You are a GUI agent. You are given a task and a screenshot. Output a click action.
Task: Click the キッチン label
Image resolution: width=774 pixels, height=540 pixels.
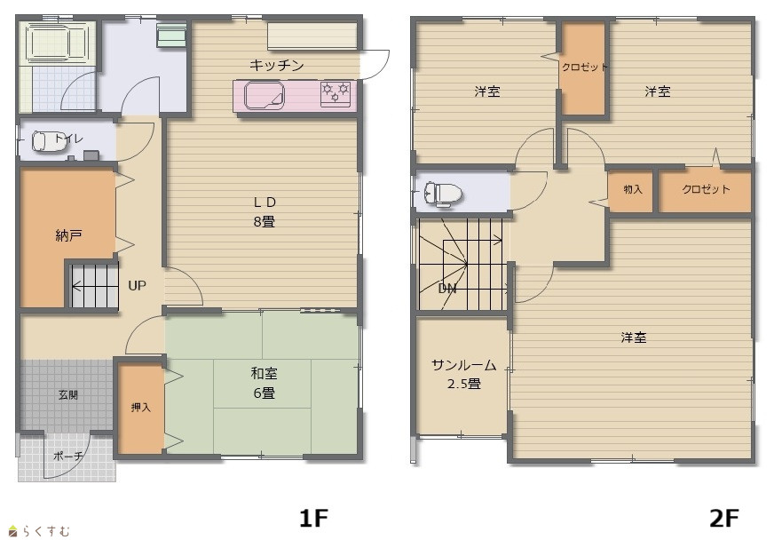276,65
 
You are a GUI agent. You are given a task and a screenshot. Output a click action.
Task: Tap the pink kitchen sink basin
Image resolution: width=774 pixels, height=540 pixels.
265,95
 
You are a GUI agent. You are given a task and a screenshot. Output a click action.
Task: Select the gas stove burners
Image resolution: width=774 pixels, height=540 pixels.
336,94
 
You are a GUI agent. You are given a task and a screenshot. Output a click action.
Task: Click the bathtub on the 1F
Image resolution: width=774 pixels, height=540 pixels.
55,43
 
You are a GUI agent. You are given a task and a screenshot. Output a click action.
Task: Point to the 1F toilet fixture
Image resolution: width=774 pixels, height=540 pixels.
45,141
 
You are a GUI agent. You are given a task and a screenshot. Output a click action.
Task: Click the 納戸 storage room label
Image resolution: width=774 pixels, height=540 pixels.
68,235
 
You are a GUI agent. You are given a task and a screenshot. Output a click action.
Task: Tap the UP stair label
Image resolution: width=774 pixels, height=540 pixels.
137,286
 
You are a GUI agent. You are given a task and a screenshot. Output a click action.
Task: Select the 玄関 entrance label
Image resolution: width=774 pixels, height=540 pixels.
68,394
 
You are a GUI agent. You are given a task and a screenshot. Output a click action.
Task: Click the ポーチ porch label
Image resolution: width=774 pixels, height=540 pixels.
67,456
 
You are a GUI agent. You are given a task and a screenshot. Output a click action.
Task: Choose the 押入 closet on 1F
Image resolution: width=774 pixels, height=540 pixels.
140,408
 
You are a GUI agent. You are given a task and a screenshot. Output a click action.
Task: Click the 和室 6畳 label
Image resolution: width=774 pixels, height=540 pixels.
265,383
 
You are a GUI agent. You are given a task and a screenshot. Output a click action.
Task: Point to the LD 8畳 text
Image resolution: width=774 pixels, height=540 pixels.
265,211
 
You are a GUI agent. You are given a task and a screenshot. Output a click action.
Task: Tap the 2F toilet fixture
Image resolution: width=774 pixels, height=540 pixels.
443,193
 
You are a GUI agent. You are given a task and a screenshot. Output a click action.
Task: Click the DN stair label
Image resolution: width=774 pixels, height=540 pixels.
447,289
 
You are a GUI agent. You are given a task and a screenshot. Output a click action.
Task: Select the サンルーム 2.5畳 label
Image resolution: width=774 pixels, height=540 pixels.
464,374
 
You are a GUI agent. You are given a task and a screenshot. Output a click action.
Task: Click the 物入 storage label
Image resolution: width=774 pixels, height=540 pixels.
633,189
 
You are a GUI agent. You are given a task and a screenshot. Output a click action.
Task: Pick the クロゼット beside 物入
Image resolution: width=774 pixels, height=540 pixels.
706,189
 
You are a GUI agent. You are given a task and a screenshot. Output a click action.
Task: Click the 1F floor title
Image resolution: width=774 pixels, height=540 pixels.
313,519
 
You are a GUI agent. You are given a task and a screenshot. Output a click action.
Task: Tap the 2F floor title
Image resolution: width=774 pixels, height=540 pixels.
724,519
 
